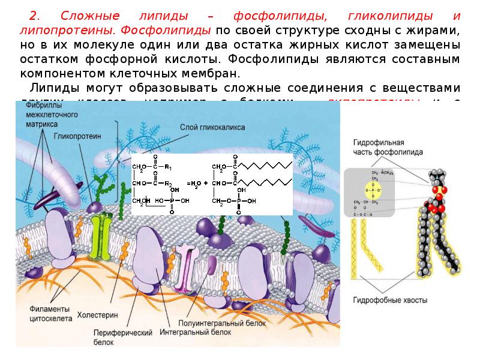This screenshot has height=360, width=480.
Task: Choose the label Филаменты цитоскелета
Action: point(50,313)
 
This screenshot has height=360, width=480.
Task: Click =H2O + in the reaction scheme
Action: point(196,184)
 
